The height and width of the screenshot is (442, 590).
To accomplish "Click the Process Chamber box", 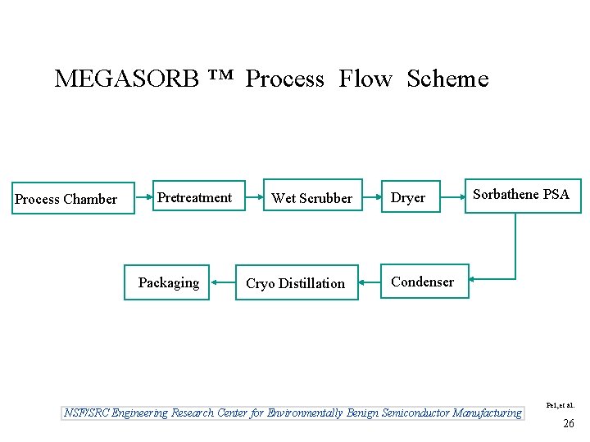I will [73, 198].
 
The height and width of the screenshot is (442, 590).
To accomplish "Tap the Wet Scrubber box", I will [311, 197].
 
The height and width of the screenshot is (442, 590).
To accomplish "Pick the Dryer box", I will [410, 197].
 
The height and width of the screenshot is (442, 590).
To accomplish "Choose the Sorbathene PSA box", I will [523, 196].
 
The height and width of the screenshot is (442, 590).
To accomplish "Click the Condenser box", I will [424, 282].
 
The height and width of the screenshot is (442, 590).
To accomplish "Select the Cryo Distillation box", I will [297, 282].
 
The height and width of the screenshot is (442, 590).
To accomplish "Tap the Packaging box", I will [167, 282].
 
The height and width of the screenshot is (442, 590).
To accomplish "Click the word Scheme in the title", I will [447, 79].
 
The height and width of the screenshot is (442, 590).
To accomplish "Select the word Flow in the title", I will [365, 79].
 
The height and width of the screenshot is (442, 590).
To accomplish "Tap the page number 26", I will [568, 423].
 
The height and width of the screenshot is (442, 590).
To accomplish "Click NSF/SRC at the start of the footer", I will [87, 413].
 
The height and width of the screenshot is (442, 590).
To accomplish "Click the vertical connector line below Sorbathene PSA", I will [515, 246].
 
